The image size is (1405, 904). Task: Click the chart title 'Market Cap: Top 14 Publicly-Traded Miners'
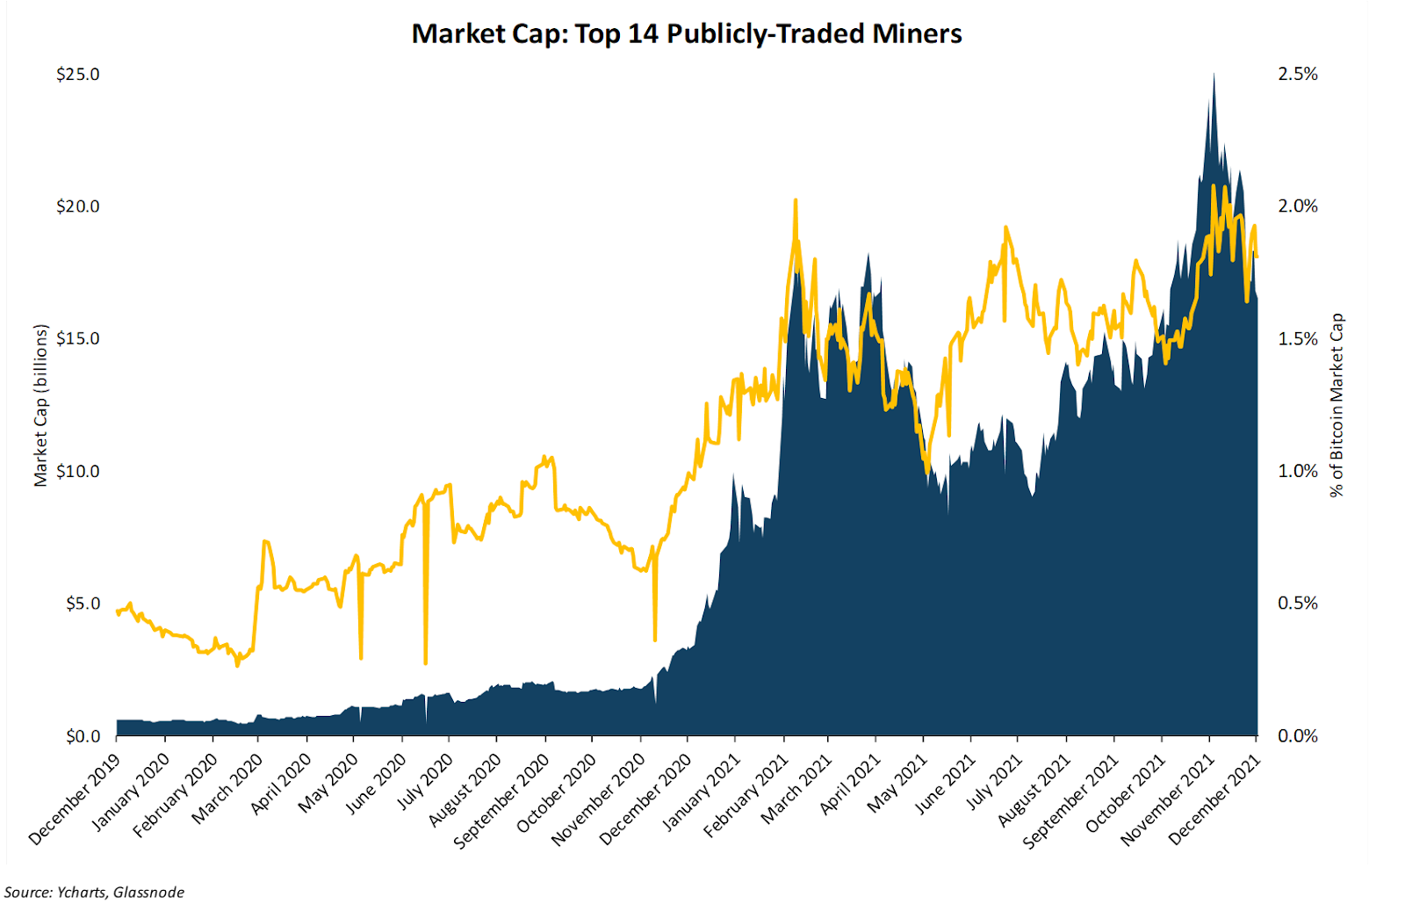[x=687, y=34]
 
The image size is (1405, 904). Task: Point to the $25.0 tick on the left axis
[x=77, y=75]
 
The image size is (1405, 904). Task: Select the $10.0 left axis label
[x=77, y=472]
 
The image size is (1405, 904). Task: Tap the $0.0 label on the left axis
[x=83, y=736]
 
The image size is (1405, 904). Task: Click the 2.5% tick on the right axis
[x=1297, y=75]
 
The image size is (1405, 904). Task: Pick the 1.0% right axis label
[x=1297, y=472]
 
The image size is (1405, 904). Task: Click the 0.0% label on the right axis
[x=1297, y=736]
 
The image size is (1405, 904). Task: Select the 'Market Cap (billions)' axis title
[x=40, y=405]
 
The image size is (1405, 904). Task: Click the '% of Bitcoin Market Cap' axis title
[x=1337, y=405]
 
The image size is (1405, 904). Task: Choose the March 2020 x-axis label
[x=227, y=789]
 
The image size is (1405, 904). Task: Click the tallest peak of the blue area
[x=1214, y=74]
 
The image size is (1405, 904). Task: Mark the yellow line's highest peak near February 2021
[x=795, y=200]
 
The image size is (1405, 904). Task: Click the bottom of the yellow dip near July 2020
[x=425, y=662]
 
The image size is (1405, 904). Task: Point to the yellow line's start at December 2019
[x=118, y=611]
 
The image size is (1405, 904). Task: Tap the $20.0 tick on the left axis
[x=77, y=207]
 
